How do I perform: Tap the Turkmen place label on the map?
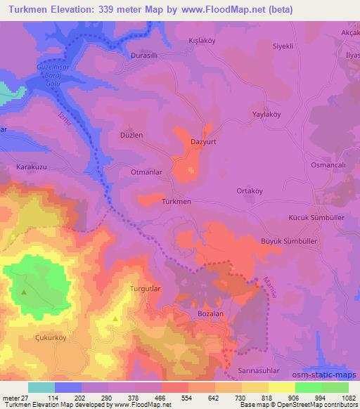click(x=176, y=201)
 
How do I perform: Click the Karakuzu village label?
click(x=31, y=168)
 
